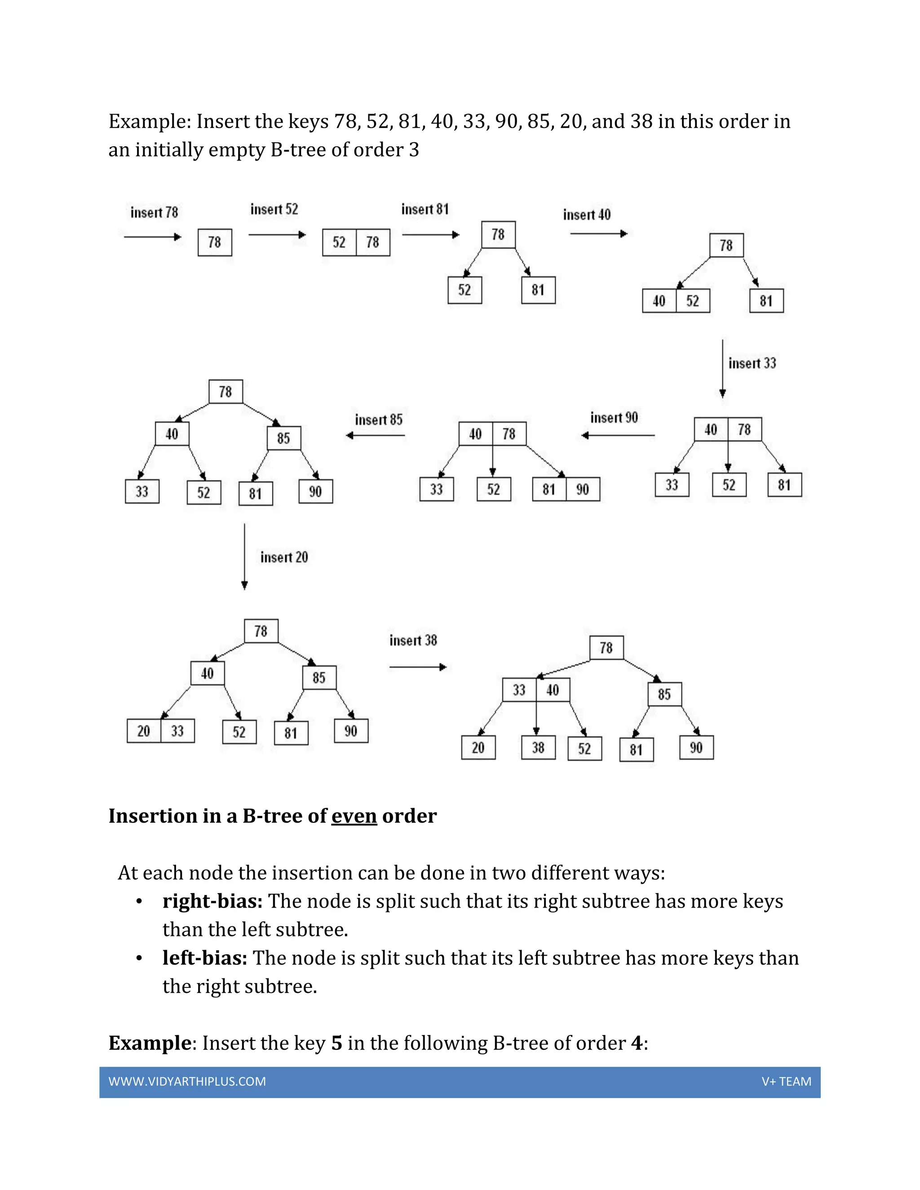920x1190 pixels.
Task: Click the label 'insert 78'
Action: tap(154, 212)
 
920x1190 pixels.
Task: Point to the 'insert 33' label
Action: tap(752, 363)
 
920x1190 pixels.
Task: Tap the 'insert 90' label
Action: tap(614, 418)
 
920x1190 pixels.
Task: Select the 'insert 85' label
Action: tap(379, 420)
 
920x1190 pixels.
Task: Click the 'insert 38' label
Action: tap(413, 641)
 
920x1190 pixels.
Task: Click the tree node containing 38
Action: tap(538, 748)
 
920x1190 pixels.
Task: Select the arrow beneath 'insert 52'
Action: tap(277, 235)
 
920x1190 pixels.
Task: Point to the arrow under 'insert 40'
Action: tap(598, 234)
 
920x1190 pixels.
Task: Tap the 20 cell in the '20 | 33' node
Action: tap(144, 731)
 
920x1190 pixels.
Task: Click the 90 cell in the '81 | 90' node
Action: tap(583, 489)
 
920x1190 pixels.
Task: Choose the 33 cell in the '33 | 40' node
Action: tap(519, 690)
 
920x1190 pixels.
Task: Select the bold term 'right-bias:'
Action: tap(212, 901)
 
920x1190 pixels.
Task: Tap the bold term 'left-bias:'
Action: tap(205, 958)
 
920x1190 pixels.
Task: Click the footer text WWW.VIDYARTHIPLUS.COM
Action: tap(187, 1082)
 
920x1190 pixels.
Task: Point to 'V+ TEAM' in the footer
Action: tap(787, 1082)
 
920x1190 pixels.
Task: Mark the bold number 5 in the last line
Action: tap(337, 1043)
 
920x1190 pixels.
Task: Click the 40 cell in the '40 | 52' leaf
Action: tap(659, 301)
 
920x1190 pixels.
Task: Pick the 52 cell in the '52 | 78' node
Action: tap(339, 242)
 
